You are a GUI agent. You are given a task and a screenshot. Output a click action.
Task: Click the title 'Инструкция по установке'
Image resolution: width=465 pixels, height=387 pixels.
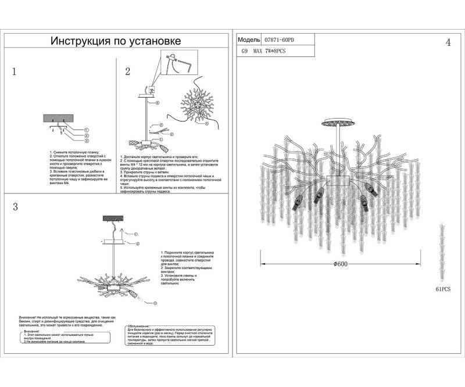[x=116, y=41]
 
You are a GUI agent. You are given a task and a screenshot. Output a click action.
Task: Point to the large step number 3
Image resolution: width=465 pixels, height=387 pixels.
[x=15, y=207]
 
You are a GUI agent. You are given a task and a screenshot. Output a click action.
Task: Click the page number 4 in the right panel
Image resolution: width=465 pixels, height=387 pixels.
[x=448, y=43]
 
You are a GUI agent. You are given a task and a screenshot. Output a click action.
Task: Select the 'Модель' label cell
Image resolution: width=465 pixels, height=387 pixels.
[x=248, y=40]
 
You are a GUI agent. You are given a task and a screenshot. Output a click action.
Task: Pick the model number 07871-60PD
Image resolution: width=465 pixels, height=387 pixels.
[x=280, y=40]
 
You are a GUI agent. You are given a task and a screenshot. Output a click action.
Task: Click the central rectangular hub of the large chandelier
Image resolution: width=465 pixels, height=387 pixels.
[x=337, y=180]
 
